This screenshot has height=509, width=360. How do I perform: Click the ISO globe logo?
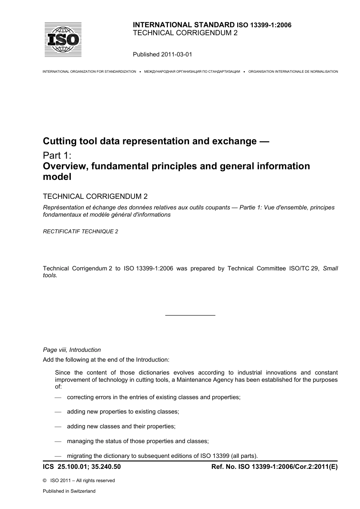(63, 39)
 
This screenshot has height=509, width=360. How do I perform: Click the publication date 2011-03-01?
(176, 55)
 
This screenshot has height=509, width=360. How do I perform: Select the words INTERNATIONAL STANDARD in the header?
(184, 25)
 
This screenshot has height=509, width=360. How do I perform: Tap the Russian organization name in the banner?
(192, 72)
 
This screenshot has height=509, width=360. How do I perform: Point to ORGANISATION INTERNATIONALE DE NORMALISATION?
(293, 72)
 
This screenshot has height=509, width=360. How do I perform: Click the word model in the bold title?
(57, 176)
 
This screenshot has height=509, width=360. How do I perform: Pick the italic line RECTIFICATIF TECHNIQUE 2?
(81, 231)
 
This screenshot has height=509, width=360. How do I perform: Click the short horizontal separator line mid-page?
(190, 315)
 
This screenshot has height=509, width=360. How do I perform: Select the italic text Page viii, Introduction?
(72, 350)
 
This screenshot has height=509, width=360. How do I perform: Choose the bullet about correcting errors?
(153, 397)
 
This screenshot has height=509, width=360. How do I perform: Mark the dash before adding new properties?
(58, 412)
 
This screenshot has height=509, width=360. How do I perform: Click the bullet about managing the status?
(138, 441)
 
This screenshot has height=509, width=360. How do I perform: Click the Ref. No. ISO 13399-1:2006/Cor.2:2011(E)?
(274, 467)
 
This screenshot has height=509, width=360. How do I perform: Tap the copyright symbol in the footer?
(45, 481)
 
